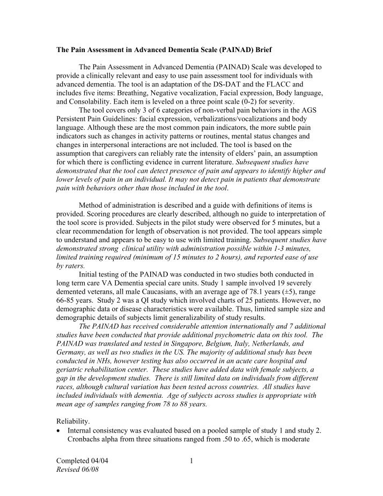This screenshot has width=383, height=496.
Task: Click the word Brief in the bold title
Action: pyautogui.click(x=261, y=50)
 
